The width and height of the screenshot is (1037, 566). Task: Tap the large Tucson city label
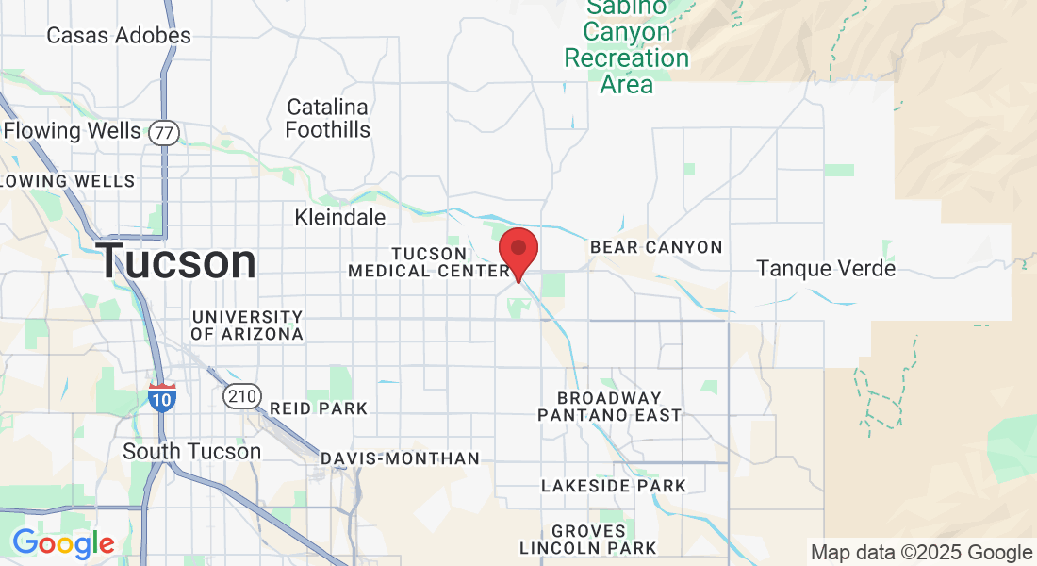[176, 261]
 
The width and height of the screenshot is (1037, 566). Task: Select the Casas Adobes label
[119, 36]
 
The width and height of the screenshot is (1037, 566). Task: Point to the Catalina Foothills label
[328, 118]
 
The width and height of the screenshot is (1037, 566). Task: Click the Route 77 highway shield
[164, 132]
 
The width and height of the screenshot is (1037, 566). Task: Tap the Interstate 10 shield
[161, 396]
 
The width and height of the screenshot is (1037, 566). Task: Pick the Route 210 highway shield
[242, 396]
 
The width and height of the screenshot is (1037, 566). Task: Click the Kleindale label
[340, 217]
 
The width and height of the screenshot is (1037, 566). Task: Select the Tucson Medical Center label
[429, 262]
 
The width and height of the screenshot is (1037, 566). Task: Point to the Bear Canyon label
[656, 247]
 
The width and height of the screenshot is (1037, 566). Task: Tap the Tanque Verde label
[826, 269]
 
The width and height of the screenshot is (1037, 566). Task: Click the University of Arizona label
[247, 325]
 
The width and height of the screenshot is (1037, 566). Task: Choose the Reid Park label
[319, 408]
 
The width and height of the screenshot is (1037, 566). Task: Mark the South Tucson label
[192, 451]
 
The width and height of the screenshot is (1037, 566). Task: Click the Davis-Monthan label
[401, 458]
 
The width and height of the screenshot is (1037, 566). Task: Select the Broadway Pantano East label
[610, 407]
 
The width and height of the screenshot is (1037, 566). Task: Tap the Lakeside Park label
[614, 486]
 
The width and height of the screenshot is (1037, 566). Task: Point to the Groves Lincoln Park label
[589, 540]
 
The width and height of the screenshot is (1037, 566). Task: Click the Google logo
[63, 543]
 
